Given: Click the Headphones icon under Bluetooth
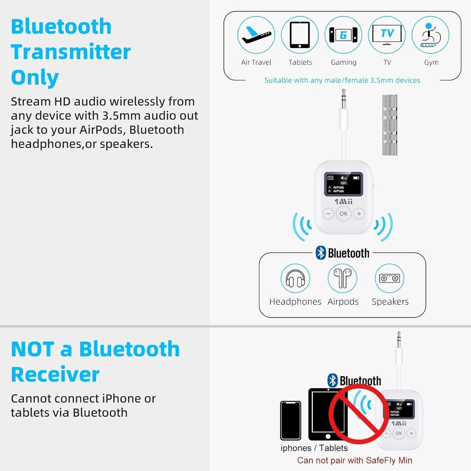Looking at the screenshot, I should point(295,279).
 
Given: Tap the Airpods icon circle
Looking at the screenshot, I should point(342,279).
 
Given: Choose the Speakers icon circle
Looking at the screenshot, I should point(390,279).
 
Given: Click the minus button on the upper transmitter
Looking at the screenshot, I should point(328,214).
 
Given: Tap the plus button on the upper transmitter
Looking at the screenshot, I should point(359,214).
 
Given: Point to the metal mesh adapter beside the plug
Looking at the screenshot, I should point(390,125).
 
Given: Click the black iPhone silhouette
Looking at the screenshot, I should point(290,420).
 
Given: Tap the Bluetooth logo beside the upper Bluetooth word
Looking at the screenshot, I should point(321,253).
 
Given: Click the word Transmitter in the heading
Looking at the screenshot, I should point(71,52).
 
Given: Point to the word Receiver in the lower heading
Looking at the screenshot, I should point(55,374).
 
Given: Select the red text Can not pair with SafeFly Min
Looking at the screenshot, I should point(355,460).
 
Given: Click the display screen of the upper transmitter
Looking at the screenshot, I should point(343,184).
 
